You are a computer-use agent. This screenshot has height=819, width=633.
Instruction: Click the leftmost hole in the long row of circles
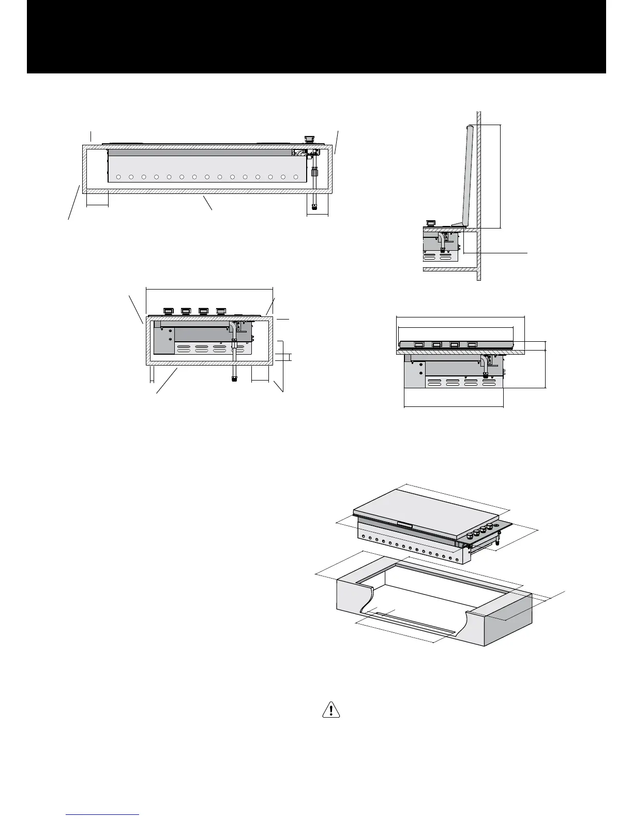[x=118, y=177]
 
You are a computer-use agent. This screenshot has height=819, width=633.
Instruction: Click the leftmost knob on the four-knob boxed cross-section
[x=168, y=311]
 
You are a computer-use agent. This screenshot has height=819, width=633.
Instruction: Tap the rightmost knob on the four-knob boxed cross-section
[x=221, y=311]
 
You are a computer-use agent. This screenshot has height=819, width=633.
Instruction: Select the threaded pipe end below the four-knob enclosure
[x=234, y=378]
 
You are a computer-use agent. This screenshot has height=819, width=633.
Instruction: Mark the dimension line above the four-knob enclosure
[x=209, y=289]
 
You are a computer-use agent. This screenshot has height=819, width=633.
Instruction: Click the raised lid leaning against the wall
[x=467, y=176]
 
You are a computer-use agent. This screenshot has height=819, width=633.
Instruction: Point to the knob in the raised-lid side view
[x=430, y=223]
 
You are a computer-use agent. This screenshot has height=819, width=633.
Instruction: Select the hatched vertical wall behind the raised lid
[x=479, y=196]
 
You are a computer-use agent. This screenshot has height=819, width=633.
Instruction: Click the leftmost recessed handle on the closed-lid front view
[x=419, y=344]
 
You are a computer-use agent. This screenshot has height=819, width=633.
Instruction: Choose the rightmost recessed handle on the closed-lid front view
[x=472, y=344]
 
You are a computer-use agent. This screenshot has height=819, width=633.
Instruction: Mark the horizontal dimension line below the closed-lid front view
[x=453, y=406]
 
